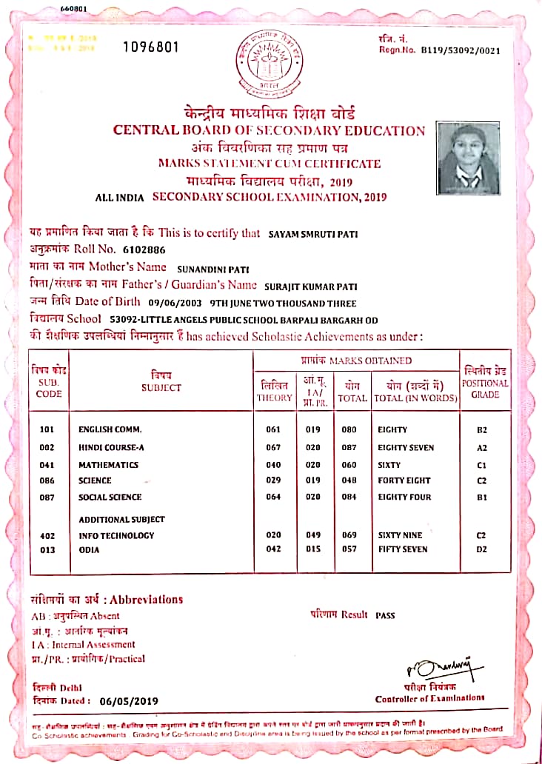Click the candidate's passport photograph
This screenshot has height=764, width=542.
pyautogui.click(x=468, y=157)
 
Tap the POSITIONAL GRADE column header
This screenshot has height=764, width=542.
pyautogui.click(x=485, y=383)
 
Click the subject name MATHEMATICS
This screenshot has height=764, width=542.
pyautogui.click(x=108, y=465)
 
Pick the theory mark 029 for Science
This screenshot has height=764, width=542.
pyautogui.click(x=275, y=480)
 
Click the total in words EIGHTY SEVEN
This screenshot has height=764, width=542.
pyautogui.click(x=406, y=448)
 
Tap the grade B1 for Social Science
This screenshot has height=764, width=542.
pyautogui.click(x=481, y=497)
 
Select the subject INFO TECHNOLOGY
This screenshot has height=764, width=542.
pyautogui.click(x=116, y=535)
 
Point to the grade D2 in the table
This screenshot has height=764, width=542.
pyautogui.click(x=481, y=550)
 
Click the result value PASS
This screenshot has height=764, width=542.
pyautogui.click(x=386, y=615)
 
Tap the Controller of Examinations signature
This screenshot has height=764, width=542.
pyautogui.click(x=429, y=666)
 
